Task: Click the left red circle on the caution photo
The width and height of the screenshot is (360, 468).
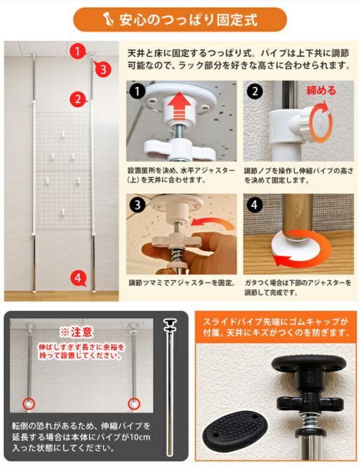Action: point(29,403)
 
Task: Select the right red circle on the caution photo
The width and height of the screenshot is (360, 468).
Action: point(135,403)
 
